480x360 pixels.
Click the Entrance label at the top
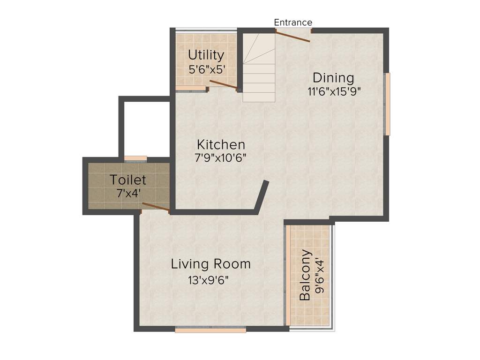293,22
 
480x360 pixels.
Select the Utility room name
206,55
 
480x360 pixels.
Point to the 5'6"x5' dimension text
206,69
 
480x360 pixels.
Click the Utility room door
223,84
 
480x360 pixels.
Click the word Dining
333,77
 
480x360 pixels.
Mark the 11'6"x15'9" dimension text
334,91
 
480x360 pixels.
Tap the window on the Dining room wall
388,104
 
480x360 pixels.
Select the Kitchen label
221,144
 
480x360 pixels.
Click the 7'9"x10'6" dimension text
221,157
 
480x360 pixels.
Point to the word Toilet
128,180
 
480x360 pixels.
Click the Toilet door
156,207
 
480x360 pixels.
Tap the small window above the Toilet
135,158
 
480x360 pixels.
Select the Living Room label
210,264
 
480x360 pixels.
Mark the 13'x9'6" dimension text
209,280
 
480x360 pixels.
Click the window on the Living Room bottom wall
210,330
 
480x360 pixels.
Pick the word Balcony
305,275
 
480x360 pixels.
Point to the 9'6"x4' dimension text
320,275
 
